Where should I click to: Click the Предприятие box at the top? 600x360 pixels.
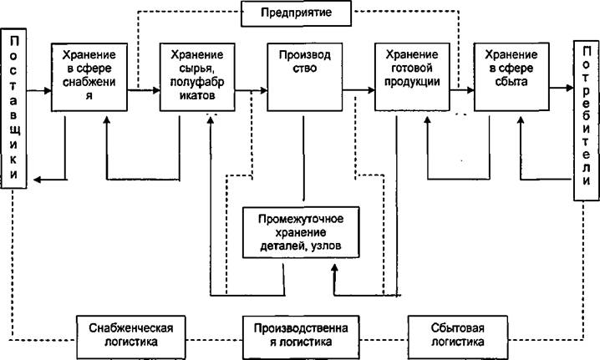point(296,13)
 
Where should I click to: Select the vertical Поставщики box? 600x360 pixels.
point(13,109)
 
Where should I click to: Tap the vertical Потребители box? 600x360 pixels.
point(587,120)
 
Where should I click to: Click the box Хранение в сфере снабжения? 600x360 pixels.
point(89,77)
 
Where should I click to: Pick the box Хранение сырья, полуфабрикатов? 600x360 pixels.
point(197,77)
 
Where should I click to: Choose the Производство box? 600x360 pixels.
point(304,77)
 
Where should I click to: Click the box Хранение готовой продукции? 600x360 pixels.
point(412,77)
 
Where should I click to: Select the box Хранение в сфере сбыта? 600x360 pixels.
point(511,77)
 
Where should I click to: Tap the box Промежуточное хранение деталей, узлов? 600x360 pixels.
point(301,232)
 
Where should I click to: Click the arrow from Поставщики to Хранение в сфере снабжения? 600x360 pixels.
point(39,91)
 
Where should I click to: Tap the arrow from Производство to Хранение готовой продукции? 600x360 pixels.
point(358,90)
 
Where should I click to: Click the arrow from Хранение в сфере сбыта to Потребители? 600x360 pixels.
point(562,88)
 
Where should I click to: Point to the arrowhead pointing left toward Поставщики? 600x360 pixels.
point(37,180)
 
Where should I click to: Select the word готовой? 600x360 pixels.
point(412,68)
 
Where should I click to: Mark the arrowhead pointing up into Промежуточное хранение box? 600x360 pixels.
point(335,267)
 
